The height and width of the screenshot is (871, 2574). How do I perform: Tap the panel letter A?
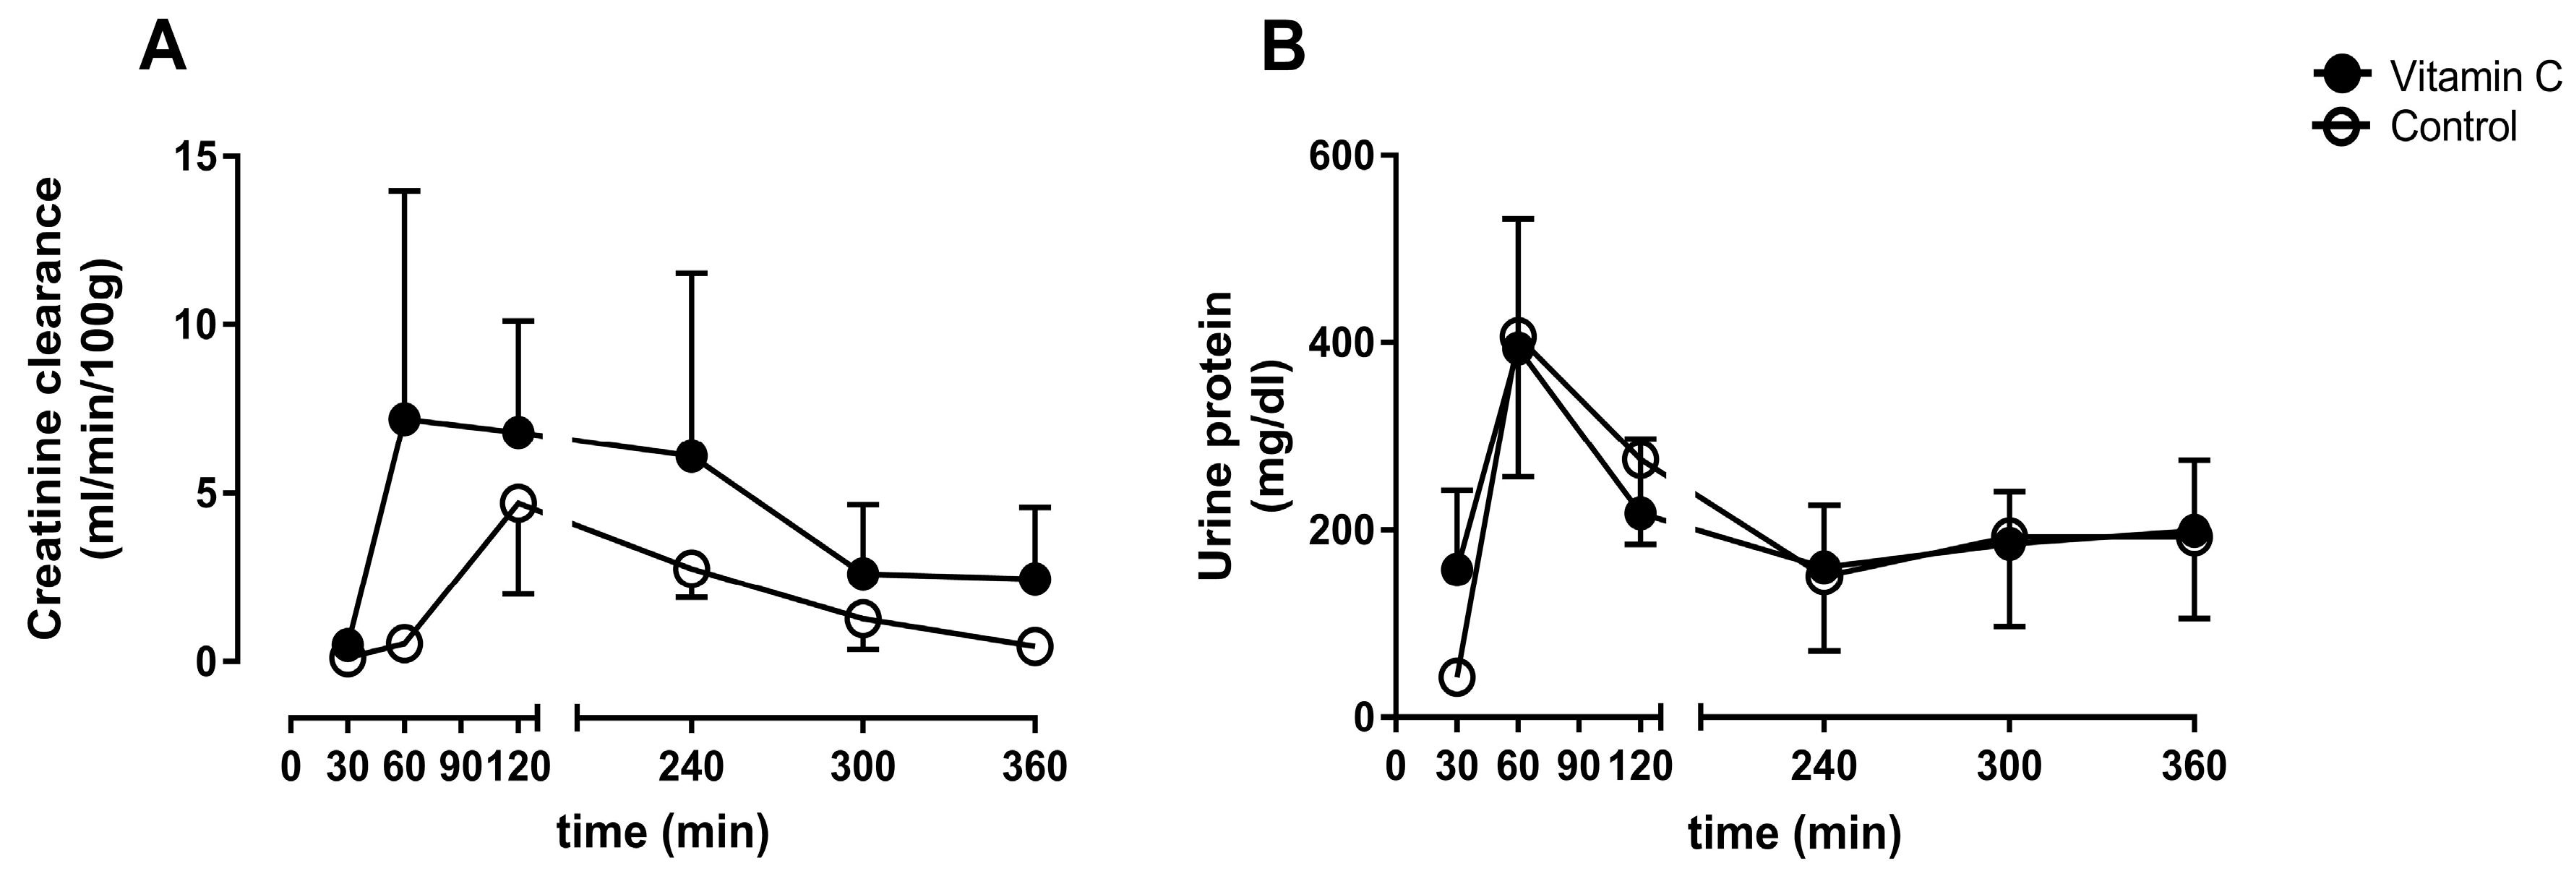[162, 48]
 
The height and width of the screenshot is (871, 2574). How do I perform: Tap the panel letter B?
[1283, 48]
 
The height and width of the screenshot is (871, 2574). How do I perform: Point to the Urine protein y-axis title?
[1231, 435]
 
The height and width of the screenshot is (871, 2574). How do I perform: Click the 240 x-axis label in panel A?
[690, 767]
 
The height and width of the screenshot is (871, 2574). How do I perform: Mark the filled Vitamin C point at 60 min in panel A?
[405, 419]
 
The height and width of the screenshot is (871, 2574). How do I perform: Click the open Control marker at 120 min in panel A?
[518, 502]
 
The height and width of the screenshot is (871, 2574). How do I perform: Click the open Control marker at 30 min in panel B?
[1457, 677]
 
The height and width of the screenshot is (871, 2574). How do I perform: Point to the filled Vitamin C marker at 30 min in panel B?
[1457, 570]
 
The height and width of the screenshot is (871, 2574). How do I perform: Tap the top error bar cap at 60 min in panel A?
[405, 190]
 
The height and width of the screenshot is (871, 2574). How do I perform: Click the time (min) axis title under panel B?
[1795, 831]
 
